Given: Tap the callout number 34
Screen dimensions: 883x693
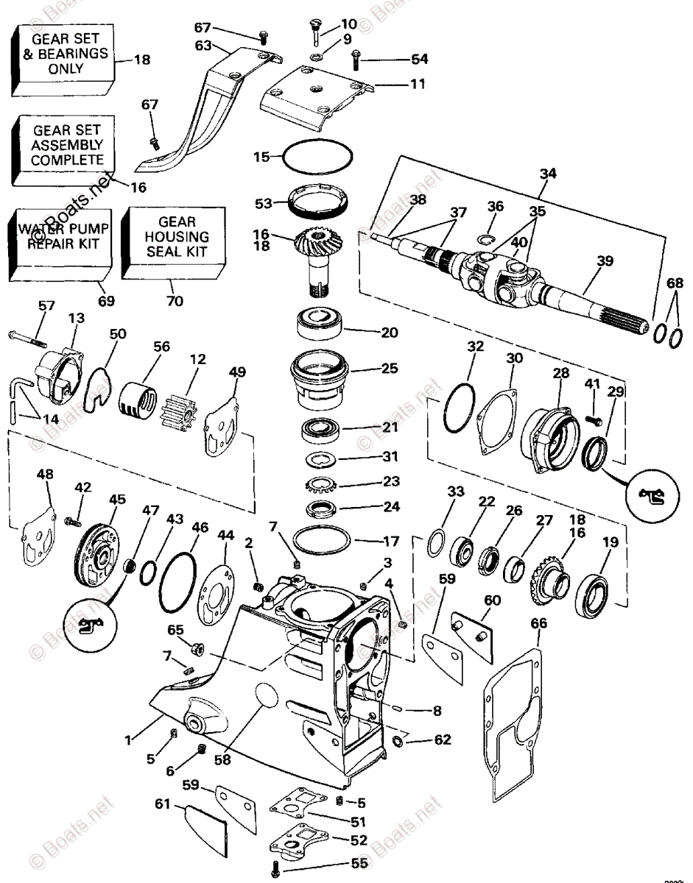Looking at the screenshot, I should (547, 174).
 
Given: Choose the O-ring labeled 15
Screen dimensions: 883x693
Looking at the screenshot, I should (318, 156).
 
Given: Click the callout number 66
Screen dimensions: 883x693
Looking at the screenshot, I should (539, 624).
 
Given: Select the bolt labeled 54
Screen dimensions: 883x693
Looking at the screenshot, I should (356, 56).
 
